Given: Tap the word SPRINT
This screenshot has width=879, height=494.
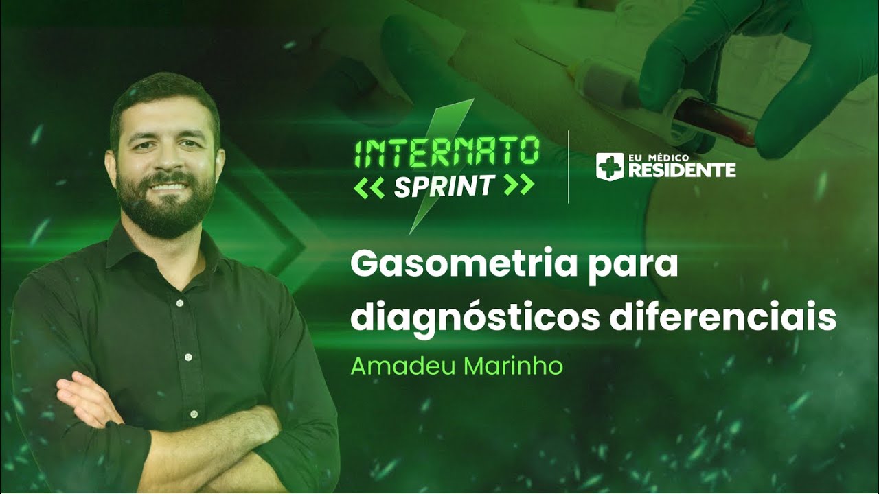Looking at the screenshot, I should (x=444, y=185).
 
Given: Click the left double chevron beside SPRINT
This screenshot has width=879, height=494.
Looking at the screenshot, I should (x=369, y=186).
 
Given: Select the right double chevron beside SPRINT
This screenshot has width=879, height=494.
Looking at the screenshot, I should (x=518, y=185).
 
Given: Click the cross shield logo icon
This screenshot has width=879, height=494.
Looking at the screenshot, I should (x=609, y=166).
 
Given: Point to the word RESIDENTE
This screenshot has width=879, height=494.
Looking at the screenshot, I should (x=681, y=171).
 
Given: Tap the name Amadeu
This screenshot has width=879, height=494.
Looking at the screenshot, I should (x=404, y=366).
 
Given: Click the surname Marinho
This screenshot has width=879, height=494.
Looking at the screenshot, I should (x=513, y=366).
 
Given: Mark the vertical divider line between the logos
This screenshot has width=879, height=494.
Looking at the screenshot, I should (x=569, y=167).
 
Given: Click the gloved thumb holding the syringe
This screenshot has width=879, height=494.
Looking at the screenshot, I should (x=670, y=75).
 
